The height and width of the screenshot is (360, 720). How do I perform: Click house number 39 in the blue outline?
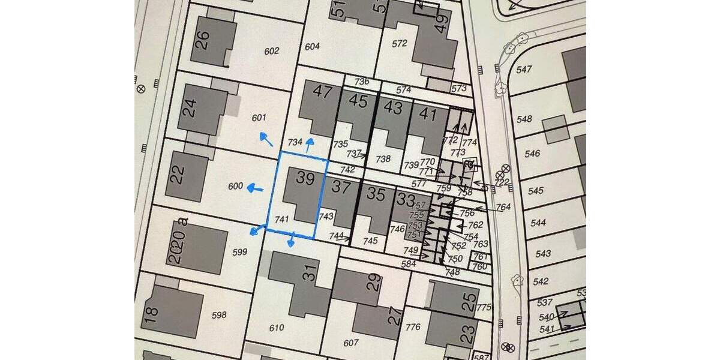pyautogui.click(x=305, y=179)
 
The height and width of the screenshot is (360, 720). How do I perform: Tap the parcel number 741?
pyautogui.click(x=281, y=220)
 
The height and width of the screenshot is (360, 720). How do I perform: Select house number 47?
pyautogui.click(x=322, y=92)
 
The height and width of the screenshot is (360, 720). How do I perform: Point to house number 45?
pyautogui.click(x=358, y=101)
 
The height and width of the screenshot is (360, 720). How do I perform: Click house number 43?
pyautogui.click(x=393, y=108)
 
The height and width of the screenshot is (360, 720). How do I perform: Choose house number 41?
pyautogui.click(x=428, y=113)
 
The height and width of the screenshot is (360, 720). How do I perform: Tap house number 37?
pyautogui.click(x=341, y=187)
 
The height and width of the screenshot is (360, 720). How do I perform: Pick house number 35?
pyautogui.click(x=376, y=194)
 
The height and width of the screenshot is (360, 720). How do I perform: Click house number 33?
pyautogui.click(x=407, y=199)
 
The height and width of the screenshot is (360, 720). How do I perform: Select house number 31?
pyautogui.click(x=308, y=274)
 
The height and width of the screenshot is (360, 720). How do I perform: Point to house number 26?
pyautogui.click(x=203, y=40)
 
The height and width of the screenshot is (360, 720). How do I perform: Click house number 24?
pyautogui.click(x=189, y=109)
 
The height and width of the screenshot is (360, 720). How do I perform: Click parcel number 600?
pyautogui.click(x=236, y=187)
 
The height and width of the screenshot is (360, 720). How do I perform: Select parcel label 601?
pyautogui.click(x=259, y=118)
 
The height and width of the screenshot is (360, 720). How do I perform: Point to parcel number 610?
pyautogui.click(x=277, y=328)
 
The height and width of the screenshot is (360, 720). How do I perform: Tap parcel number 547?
pyautogui.click(x=524, y=70)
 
